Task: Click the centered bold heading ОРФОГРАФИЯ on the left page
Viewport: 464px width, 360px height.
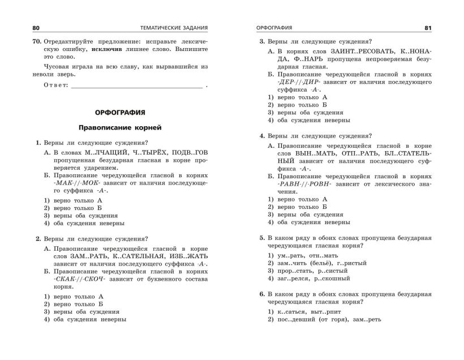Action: click(x=120, y=112)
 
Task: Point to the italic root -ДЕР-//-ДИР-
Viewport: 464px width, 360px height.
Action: click(x=298, y=82)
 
